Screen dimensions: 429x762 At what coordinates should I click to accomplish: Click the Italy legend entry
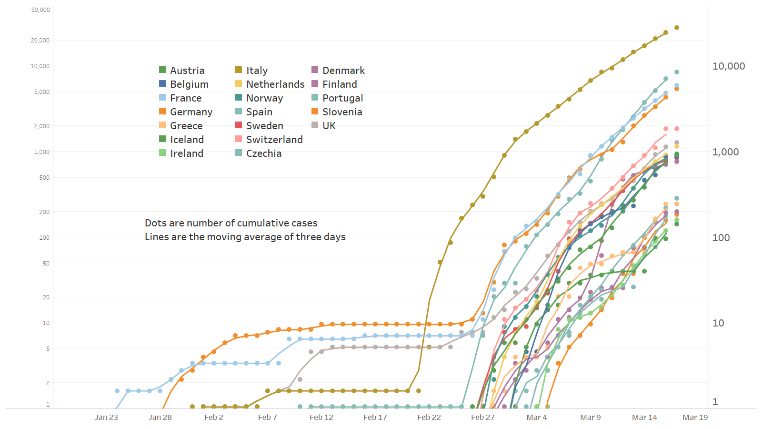(257, 71)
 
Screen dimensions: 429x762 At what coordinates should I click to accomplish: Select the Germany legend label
(191, 112)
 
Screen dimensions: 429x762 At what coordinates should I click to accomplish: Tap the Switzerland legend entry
(274, 140)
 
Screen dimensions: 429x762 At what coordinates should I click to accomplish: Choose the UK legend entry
(329, 126)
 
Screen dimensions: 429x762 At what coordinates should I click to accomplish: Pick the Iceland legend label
(187, 140)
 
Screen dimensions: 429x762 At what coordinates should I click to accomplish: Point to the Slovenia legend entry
(342, 112)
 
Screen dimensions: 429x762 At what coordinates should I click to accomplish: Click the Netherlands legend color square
(239, 84)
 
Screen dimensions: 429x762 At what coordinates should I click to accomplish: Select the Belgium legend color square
(162, 84)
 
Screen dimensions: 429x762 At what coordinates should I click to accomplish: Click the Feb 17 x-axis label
(375, 418)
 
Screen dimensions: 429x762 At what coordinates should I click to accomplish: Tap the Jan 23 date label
(106, 418)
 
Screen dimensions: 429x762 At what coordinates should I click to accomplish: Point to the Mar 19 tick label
(695, 418)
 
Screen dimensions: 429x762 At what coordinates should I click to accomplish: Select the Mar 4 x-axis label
(537, 418)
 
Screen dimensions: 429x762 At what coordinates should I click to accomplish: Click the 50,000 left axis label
(40, 10)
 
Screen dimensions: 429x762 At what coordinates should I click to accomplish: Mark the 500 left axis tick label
(44, 178)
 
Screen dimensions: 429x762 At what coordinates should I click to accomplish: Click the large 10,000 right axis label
(729, 66)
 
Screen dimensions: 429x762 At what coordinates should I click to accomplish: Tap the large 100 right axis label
(721, 238)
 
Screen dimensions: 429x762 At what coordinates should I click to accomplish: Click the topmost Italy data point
(677, 28)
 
